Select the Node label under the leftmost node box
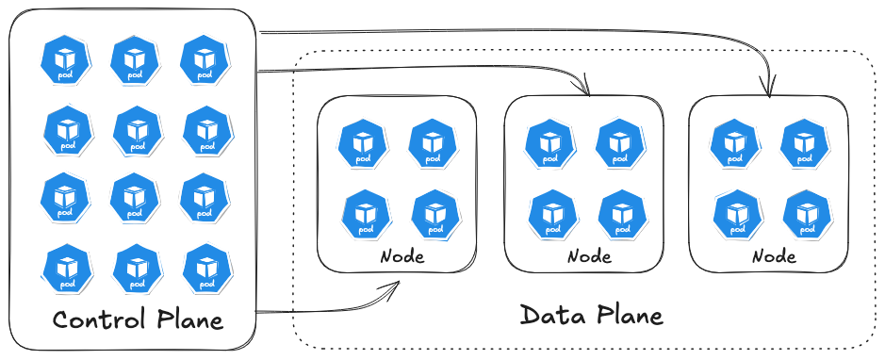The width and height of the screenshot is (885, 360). (402, 256)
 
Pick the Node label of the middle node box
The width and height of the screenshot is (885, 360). (589, 256)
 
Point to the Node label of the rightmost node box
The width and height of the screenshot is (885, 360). (774, 256)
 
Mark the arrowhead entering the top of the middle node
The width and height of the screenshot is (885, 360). (584, 90)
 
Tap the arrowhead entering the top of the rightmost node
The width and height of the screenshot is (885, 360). (770, 90)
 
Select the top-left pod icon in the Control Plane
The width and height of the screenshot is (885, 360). (65, 59)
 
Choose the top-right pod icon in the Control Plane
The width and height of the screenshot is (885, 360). (204, 59)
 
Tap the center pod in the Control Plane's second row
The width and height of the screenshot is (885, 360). (136, 129)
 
